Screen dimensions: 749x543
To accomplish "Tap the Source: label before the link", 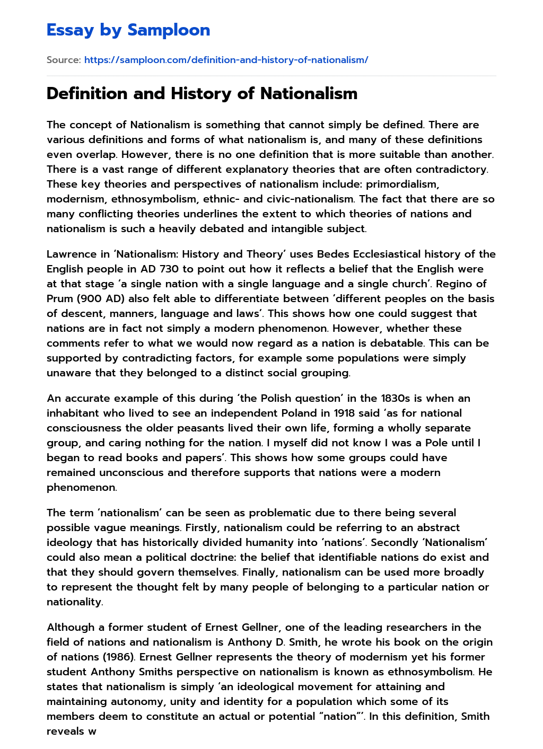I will point(64,60).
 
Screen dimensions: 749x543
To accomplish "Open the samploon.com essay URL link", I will point(226,60).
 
